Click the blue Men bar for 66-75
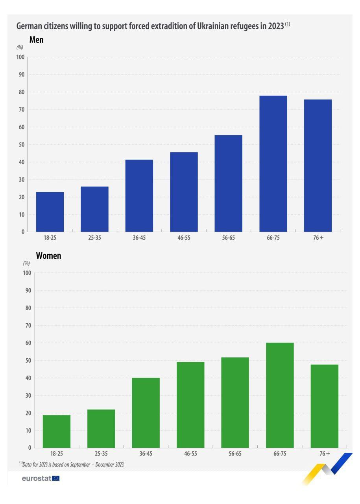pyautogui.click(x=273, y=163)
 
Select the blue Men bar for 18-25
pyautogui.click(x=50, y=212)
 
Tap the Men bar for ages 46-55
pyautogui.click(x=184, y=192)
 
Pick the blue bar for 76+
pyautogui.click(x=318, y=165)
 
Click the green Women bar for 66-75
pyautogui.click(x=280, y=395)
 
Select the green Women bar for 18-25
pyautogui.click(x=57, y=431)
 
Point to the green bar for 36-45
pyautogui.click(x=146, y=413)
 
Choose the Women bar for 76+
pyautogui.click(x=324, y=406)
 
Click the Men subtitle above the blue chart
pyautogui.click(x=36, y=40)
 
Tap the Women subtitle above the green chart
pyautogui.click(x=48, y=256)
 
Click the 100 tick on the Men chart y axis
pyautogui.click(x=20, y=57)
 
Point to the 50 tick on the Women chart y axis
pyautogui.click(x=28, y=360)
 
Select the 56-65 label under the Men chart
pyautogui.click(x=228, y=238)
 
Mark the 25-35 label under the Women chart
pyautogui.click(x=101, y=454)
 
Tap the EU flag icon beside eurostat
pyautogui.click(x=55, y=478)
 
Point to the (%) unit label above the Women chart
pyautogui.click(x=26, y=263)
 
